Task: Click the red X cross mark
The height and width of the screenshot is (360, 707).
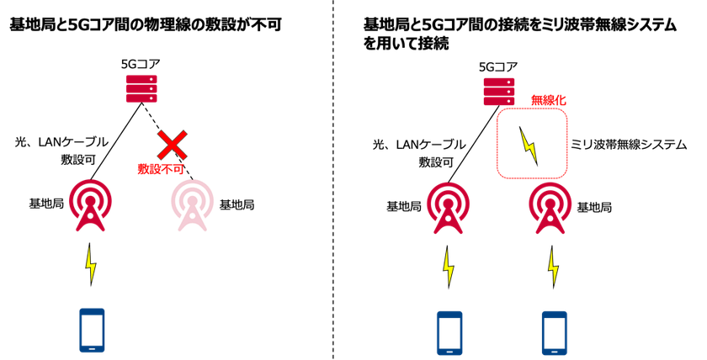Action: (x=172, y=145)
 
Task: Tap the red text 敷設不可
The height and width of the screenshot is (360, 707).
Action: (x=161, y=169)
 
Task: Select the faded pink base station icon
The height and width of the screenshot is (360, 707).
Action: (x=193, y=206)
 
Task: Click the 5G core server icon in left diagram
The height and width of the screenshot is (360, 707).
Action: (x=141, y=88)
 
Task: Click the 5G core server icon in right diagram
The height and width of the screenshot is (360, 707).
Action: (x=499, y=92)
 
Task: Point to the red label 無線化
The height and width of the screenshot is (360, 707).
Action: (x=548, y=100)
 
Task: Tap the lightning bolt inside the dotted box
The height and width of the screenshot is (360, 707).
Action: (x=529, y=146)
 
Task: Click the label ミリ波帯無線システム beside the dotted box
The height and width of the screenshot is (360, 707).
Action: (x=629, y=145)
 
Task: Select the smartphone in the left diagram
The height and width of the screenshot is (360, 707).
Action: (x=92, y=331)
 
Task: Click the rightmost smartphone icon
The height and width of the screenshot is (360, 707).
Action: (x=555, y=333)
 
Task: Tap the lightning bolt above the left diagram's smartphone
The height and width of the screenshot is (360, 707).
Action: (x=91, y=265)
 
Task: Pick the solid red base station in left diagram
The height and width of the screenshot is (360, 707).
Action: (x=91, y=205)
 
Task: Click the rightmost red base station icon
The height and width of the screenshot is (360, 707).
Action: (x=550, y=208)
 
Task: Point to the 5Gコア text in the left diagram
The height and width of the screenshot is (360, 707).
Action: (x=141, y=65)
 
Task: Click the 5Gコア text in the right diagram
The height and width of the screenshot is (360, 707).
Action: (x=498, y=67)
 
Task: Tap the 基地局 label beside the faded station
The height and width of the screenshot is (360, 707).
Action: (x=237, y=205)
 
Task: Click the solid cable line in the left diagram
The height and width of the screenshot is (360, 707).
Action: (x=116, y=141)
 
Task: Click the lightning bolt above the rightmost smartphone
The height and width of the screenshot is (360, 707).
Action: (x=553, y=267)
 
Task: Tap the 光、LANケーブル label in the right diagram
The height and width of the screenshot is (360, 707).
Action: (x=419, y=145)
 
